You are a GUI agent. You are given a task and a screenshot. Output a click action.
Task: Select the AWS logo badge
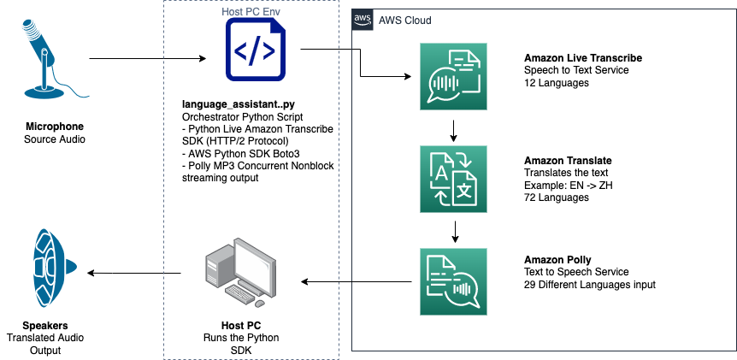coord(363,20)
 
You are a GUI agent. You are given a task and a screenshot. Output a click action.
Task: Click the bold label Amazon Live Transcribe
coord(583,58)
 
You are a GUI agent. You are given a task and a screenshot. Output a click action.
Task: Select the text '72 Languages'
coord(557,198)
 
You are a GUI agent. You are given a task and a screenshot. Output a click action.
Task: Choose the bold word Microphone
coord(55,127)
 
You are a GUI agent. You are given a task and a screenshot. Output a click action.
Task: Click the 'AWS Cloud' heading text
coord(404,21)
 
